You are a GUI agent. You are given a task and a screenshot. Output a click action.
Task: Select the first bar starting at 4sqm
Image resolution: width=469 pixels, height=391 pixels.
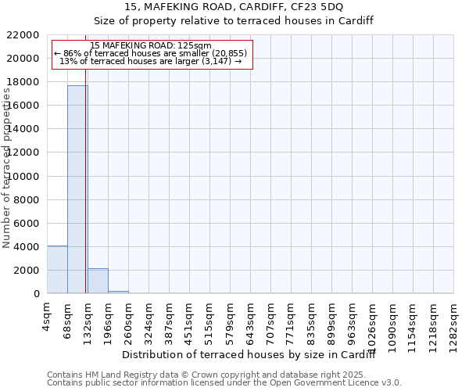point(57,270)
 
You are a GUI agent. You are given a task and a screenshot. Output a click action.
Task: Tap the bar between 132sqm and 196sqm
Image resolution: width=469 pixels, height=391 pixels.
point(98,281)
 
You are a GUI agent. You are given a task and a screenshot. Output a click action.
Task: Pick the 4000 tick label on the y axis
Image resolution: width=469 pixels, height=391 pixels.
point(28,247)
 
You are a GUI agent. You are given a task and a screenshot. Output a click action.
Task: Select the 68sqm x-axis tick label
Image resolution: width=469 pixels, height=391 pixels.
point(67,319)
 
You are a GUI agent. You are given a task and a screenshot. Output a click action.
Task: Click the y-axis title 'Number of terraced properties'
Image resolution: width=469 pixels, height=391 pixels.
point(7,168)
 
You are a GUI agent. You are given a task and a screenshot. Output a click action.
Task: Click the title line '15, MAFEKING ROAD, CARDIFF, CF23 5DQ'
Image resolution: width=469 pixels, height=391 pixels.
point(234,7)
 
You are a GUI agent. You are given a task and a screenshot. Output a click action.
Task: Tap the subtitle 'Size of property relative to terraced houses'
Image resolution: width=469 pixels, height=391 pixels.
point(234,21)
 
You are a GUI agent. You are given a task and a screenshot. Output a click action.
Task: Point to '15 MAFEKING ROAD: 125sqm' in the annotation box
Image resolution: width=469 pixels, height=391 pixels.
point(151,46)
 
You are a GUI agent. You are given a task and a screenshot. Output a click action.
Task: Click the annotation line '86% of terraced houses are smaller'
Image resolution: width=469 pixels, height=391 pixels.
point(151,53)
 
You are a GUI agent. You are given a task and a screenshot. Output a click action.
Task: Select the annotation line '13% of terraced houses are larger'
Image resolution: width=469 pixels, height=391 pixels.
point(151,61)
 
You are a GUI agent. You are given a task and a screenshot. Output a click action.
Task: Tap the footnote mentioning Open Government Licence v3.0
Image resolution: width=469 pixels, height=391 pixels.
point(224,383)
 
